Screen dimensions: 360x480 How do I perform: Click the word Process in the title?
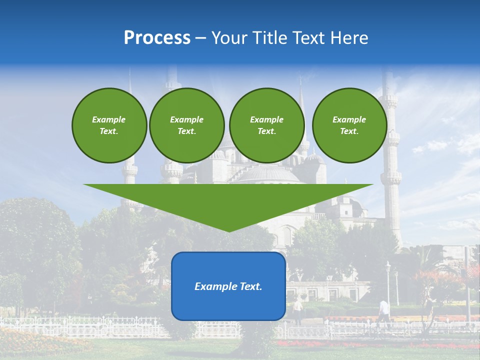point(157,38)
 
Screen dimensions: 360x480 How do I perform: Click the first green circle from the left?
point(109,125)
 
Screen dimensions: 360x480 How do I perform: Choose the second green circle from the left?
point(186,125)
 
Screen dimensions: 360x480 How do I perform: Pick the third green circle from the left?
point(266,125)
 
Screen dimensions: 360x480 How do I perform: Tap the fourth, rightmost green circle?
point(349,125)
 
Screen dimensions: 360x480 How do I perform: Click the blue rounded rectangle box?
point(228,286)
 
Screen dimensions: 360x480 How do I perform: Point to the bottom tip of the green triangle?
point(228,231)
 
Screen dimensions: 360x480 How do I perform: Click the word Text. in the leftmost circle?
point(109,131)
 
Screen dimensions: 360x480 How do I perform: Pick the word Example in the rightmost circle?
point(349,119)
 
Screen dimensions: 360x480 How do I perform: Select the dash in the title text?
point(201,38)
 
